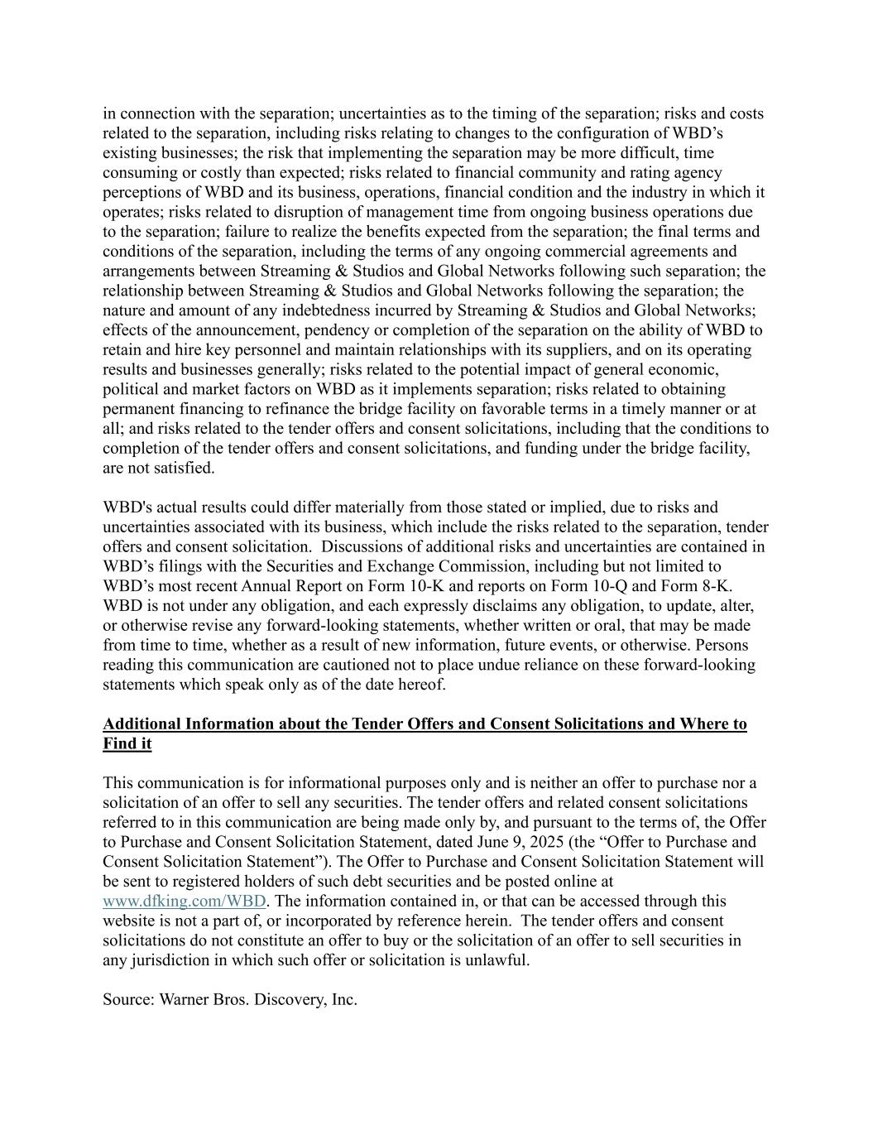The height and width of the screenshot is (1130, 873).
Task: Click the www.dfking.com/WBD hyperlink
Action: coord(184,902)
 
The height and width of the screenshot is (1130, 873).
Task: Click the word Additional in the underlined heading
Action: coord(142,724)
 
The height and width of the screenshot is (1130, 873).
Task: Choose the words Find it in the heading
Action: coord(127,744)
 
